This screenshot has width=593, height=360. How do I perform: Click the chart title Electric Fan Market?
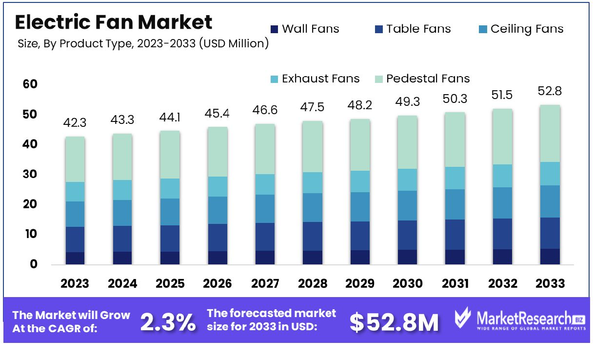pyautogui.click(x=114, y=22)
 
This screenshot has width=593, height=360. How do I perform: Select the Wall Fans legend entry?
pyautogui.click(x=304, y=29)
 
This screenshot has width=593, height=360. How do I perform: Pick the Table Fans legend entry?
pyautogui.click(x=413, y=29)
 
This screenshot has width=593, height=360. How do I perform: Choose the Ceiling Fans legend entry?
pyautogui.click(x=521, y=29)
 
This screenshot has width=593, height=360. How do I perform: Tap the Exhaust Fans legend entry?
pyautogui.click(x=315, y=79)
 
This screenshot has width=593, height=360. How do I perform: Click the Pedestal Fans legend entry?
pyautogui.click(x=422, y=79)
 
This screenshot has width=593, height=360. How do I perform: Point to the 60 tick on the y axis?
pyautogui.click(x=30, y=84)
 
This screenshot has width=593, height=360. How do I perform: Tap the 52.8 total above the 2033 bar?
pyautogui.click(x=550, y=91)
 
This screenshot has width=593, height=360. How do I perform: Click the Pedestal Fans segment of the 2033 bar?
pyautogui.click(x=550, y=133)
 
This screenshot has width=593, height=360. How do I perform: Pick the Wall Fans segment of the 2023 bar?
pyautogui.click(x=75, y=258)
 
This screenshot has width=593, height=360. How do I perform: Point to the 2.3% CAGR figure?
pyautogui.click(x=168, y=322)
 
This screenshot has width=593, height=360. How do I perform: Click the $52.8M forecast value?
pyautogui.click(x=395, y=322)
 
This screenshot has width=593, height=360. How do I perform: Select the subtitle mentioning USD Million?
pyautogui.click(x=143, y=44)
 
